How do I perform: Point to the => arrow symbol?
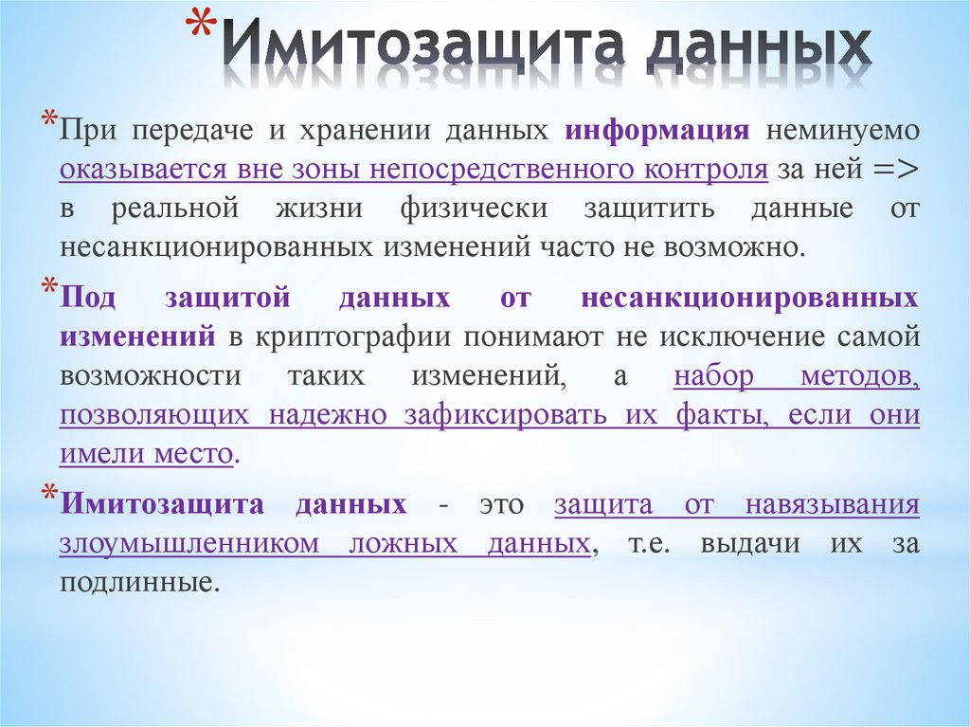point(893,170)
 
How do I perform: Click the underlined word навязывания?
point(833,504)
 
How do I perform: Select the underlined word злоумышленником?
point(184,544)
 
